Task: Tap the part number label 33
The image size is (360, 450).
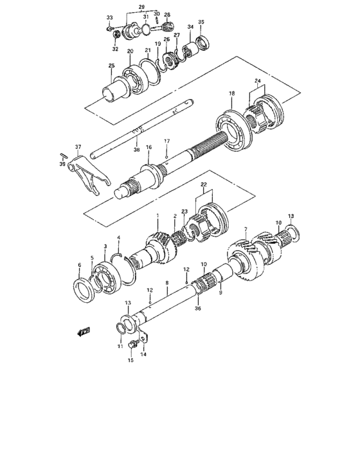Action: (x=109, y=17)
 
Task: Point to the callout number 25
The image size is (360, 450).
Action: (x=111, y=66)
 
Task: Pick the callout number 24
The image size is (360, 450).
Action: (x=257, y=80)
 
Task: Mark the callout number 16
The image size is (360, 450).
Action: (x=148, y=147)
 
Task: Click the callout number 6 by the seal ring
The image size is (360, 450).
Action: (x=80, y=264)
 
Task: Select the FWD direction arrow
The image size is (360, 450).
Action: (x=84, y=332)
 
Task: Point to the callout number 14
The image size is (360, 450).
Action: (x=143, y=354)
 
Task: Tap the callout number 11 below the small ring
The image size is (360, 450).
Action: (x=119, y=347)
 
